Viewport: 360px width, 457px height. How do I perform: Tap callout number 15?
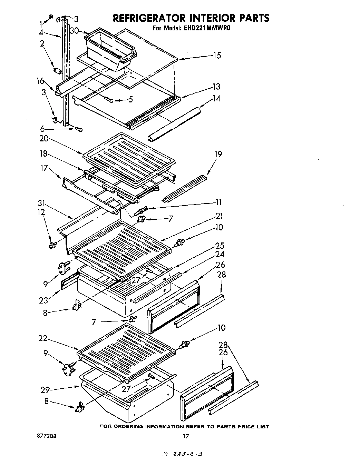click(217, 56)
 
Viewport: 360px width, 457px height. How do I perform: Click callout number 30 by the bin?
click(74, 31)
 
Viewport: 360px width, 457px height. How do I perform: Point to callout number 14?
click(216, 99)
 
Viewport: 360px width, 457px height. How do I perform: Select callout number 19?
click(218, 154)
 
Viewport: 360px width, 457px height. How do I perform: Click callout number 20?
click(44, 139)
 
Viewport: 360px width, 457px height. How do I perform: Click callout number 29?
click(46, 390)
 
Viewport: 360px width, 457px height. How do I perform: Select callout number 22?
click(43, 339)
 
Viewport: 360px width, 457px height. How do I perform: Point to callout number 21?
click(220, 216)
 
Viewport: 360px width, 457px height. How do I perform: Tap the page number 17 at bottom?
click(186, 436)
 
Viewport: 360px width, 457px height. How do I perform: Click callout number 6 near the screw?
click(42, 129)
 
